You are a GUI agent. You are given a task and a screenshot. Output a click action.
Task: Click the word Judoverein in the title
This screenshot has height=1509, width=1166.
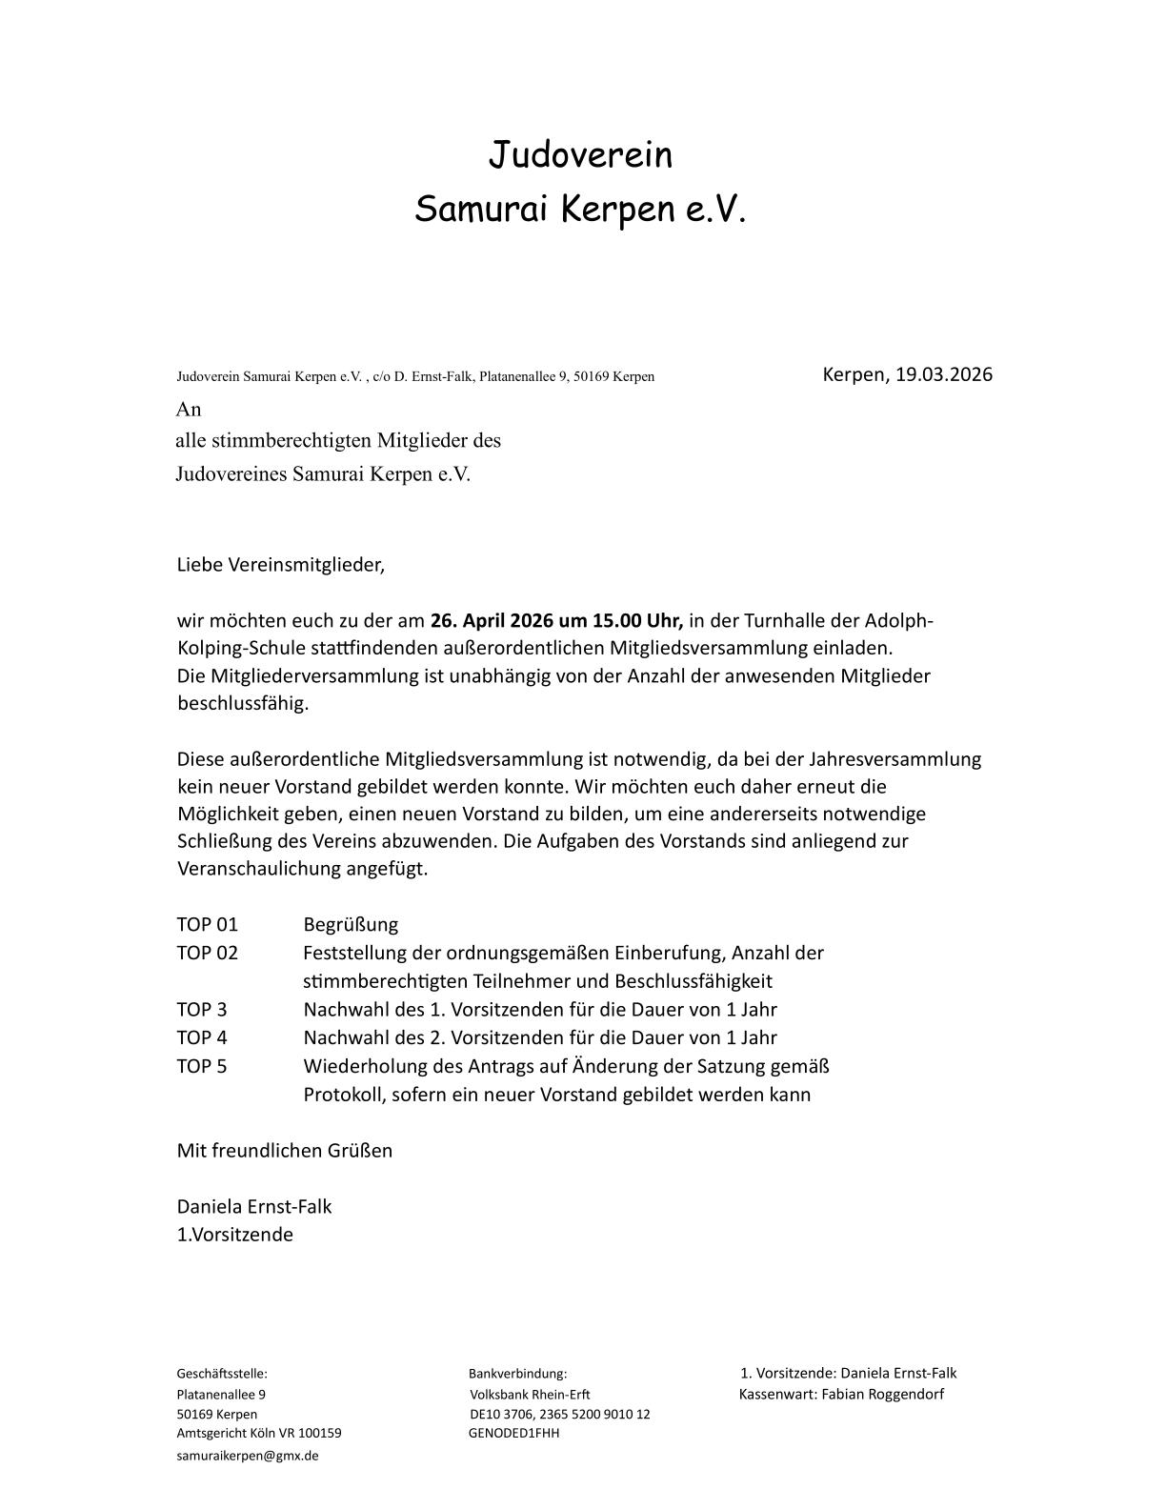pyautogui.click(x=580, y=154)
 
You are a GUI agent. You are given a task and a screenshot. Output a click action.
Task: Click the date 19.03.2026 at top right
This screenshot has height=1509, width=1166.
pyautogui.click(x=943, y=374)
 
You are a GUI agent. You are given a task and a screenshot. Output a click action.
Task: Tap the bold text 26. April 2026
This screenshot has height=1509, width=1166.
pyautogui.click(x=492, y=621)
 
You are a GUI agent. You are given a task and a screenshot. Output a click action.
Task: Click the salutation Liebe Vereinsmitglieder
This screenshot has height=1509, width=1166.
pyautogui.click(x=281, y=565)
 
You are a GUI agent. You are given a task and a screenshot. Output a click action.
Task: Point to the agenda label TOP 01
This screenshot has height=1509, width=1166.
pyautogui.click(x=207, y=925)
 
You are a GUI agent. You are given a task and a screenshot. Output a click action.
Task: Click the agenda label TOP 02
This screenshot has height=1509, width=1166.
pyautogui.click(x=207, y=953)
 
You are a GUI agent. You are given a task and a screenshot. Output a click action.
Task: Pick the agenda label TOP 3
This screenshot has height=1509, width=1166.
pyautogui.click(x=202, y=1010)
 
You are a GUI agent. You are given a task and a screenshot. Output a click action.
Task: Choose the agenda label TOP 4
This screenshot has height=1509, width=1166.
pyautogui.click(x=202, y=1037)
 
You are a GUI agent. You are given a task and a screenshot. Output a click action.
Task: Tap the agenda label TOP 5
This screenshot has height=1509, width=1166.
pyautogui.click(x=202, y=1066)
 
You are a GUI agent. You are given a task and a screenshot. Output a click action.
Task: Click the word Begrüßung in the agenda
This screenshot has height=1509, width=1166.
pyautogui.click(x=351, y=925)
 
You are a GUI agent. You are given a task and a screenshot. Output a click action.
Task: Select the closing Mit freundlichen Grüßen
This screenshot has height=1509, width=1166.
pyautogui.click(x=285, y=1151)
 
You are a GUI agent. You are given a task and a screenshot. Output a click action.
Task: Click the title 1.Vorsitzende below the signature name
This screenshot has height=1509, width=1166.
pyautogui.click(x=235, y=1235)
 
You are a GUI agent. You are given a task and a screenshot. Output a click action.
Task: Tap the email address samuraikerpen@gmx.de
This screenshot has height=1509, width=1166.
pyautogui.click(x=248, y=1456)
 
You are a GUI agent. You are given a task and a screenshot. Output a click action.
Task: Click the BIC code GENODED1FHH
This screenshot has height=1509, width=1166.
pyautogui.click(x=514, y=1433)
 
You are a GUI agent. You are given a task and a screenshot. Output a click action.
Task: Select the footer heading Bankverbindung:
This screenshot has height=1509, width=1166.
pyautogui.click(x=517, y=1374)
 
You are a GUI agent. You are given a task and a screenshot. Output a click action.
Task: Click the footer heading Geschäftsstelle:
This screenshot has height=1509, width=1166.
pyautogui.click(x=222, y=1374)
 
